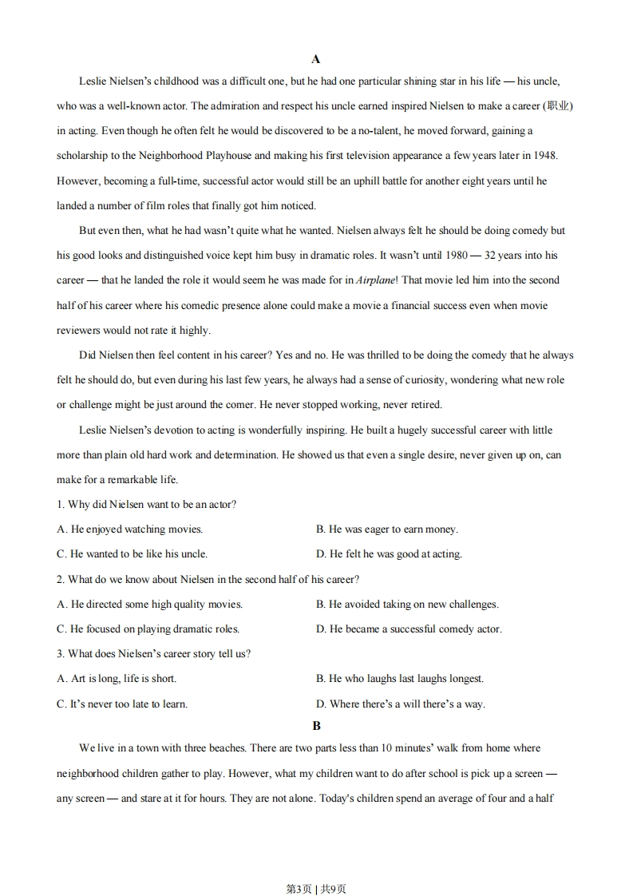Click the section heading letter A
coord(316,59)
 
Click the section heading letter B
coord(316,726)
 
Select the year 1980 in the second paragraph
coord(445,256)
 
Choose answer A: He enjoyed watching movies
coord(130,529)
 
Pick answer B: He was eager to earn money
coord(387,529)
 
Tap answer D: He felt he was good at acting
coord(389,554)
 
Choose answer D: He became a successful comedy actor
coord(409,629)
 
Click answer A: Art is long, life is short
coord(117,679)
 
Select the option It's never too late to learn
coord(122,704)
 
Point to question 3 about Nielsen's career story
coord(153,654)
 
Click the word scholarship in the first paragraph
coord(84,156)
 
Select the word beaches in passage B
coord(226,748)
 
